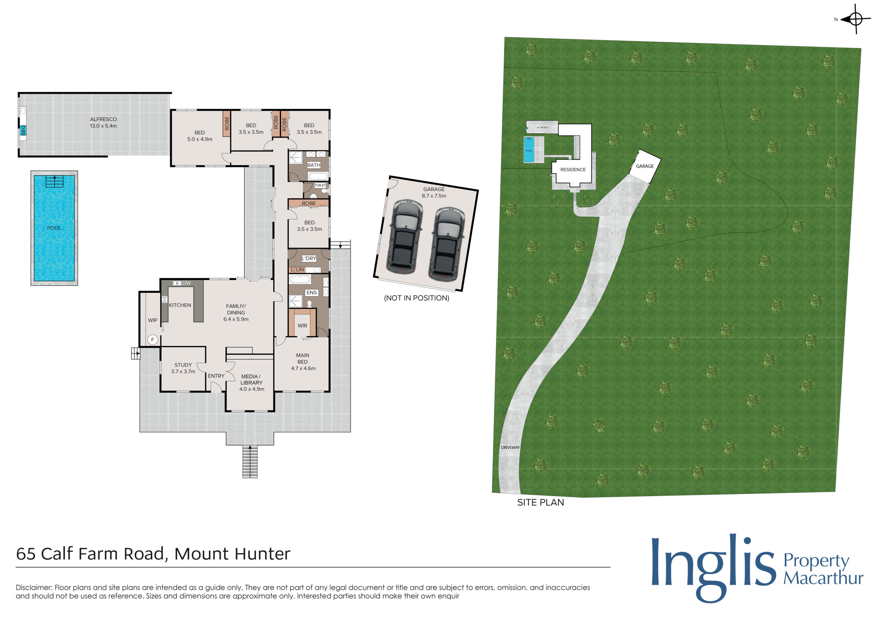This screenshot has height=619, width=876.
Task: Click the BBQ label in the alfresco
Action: pyautogui.click(x=23, y=130)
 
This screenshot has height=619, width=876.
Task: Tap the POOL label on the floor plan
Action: pyautogui.click(x=54, y=228)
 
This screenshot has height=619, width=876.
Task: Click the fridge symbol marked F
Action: pyautogui.click(x=153, y=340)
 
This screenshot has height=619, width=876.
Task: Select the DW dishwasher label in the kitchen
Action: pyautogui.click(x=186, y=283)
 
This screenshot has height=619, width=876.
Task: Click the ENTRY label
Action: pyautogui.click(x=216, y=376)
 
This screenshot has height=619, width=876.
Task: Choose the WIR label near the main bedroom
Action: pyautogui.click(x=302, y=326)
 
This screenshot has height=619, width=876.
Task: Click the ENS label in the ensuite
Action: pyautogui.click(x=312, y=292)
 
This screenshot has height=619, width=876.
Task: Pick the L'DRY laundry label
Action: pyautogui.click(x=309, y=258)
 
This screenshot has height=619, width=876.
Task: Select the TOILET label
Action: pyautogui.click(x=320, y=185)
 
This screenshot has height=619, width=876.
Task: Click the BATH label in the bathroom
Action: pyautogui.click(x=314, y=165)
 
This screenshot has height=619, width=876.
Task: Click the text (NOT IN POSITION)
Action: pyautogui.click(x=417, y=298)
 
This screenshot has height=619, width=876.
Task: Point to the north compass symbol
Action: pyautogui.click(x=856, y=19)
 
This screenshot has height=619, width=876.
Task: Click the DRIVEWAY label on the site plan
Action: pyautogui.click(x=510, y=447)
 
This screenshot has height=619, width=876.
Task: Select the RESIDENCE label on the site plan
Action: pyautogui.click(x=573, y=170)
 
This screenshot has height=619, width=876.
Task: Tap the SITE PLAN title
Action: pyautogui.click(x=541, y=502)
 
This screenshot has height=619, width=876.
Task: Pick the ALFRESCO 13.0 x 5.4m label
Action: pyautogui.click(x=103, y=122)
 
